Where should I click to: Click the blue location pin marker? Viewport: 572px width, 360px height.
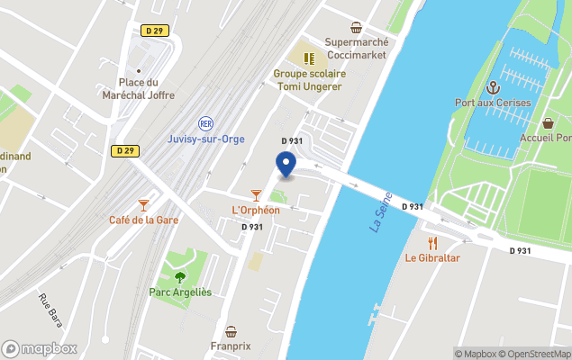click(x=286, y=165)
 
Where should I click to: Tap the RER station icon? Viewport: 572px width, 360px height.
click(x=205, y=123)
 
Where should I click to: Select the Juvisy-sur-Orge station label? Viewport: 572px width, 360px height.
click(x=206, y=139)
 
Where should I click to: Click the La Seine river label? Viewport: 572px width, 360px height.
click(x=381, y=211)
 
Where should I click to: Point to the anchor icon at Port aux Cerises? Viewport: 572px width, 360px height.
click(x=493, y=87)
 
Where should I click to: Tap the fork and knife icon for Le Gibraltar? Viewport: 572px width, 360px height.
click(x=432, y=242)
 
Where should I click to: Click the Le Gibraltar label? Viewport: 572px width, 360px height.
click(x=432, y=258)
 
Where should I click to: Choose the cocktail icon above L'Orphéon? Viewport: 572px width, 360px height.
click(x=256, y=195)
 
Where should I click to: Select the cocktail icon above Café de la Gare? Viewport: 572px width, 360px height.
click(x=143, y=205)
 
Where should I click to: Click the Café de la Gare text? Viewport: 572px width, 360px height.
click(x=143, y=220)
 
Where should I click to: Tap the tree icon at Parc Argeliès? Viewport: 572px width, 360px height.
click(x=179, y=277)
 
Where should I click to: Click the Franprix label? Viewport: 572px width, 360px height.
click(x=232, y=346)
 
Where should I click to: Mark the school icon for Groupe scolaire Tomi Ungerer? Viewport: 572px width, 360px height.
click(x=309, y=58)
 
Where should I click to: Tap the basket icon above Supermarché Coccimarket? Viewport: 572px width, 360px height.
click(x=357, y=27)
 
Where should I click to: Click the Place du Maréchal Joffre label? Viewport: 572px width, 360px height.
click(x=139, y=88)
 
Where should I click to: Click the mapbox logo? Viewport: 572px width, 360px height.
click(x=40, y=348)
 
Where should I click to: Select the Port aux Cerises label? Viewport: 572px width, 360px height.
click(x=493, y=102)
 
